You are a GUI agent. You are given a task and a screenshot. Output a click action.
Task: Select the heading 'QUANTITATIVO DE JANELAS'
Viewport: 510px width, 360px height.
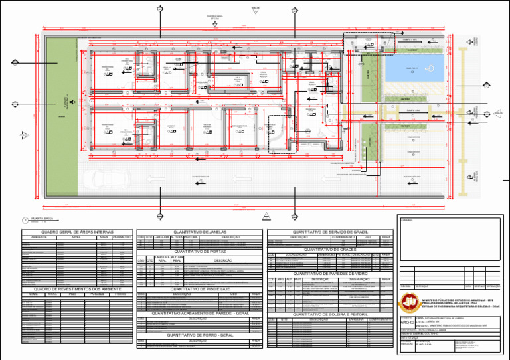pos(200,231)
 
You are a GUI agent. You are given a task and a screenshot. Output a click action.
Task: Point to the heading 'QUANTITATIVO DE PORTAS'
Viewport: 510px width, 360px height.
pos(200,252)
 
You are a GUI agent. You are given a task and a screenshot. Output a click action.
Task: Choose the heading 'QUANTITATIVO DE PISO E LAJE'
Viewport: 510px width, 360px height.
pos(200,290)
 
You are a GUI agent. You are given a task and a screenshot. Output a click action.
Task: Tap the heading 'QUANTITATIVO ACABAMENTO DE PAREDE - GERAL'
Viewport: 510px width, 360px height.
pos(200,313)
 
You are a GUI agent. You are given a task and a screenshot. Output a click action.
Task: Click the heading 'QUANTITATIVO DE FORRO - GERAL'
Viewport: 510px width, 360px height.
pos(200,335)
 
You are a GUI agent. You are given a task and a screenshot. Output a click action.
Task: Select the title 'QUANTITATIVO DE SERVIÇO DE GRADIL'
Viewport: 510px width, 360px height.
pos(330,231)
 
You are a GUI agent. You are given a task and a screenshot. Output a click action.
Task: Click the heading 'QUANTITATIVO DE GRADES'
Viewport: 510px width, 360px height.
pos(330,250)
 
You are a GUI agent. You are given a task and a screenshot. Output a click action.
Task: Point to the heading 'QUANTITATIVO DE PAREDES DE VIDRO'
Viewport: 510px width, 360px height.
pos(330,274)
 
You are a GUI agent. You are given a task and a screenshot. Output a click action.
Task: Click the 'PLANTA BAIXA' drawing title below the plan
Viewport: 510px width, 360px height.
pos(43,218)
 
